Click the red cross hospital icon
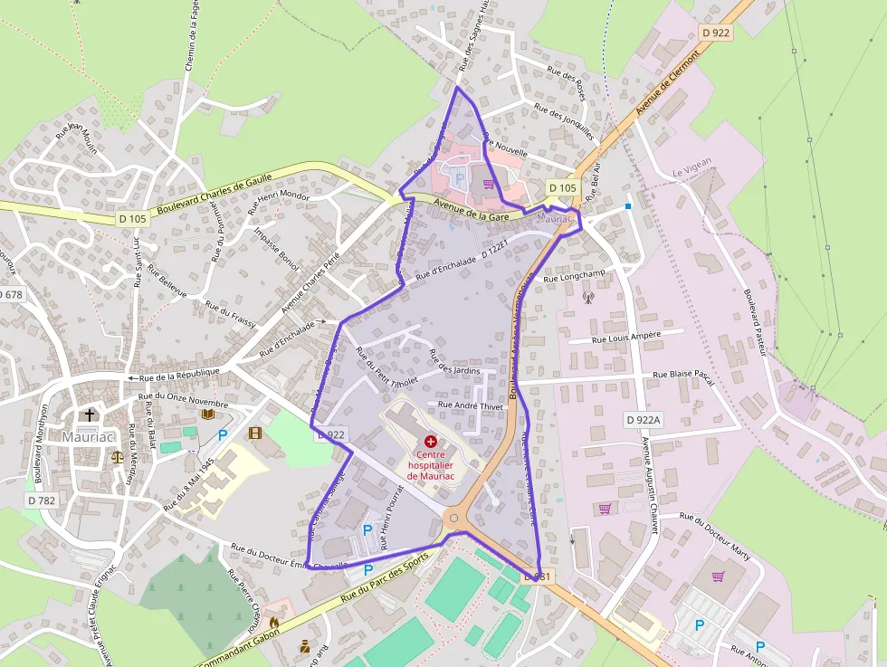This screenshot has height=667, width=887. point(430,440)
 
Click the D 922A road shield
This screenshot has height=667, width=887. point(644,420)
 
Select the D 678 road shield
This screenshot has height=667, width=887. point(10,294)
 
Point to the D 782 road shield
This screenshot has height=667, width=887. point(42,500)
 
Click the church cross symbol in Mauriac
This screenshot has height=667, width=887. point(89,415)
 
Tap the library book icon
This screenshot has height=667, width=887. point(208,414)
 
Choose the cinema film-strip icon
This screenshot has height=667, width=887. point(254,434)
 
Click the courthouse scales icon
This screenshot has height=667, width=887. point(117,456)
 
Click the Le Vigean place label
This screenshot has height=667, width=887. point(692,161)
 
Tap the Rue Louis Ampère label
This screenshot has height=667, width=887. point(625,337)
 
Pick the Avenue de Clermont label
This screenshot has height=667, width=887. point(668,82)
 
